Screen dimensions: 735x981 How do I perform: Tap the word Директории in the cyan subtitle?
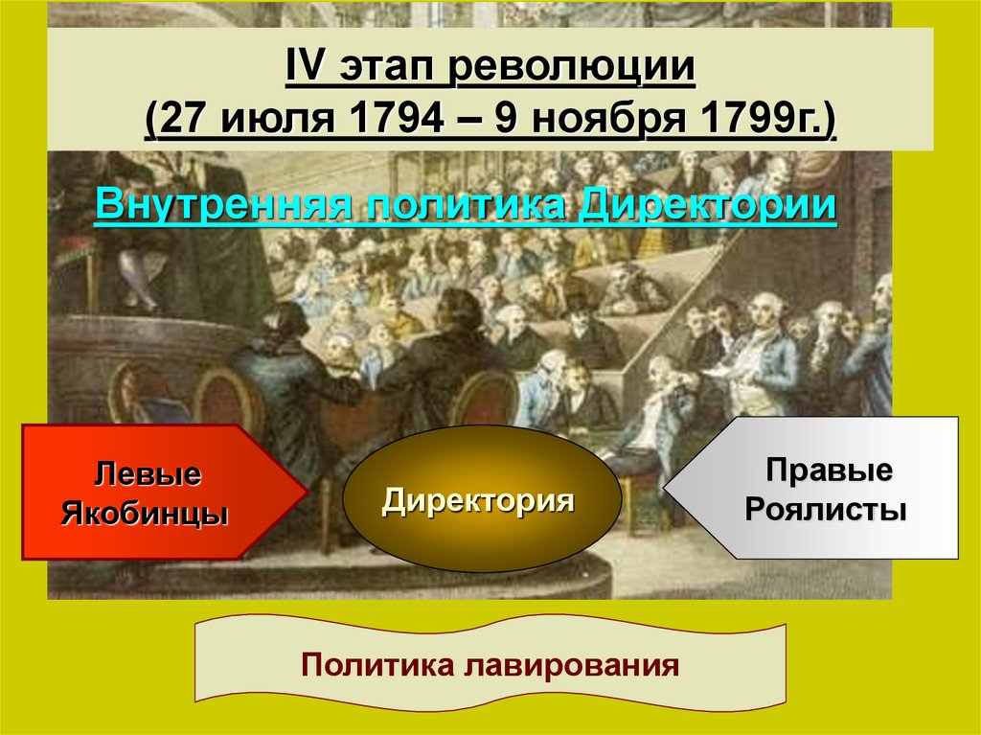tap(710, 206)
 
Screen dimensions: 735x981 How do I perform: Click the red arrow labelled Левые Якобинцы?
tap(153, 493)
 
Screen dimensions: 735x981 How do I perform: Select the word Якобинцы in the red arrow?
tap(145, 514)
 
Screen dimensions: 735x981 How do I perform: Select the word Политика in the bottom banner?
tap(376, 664)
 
